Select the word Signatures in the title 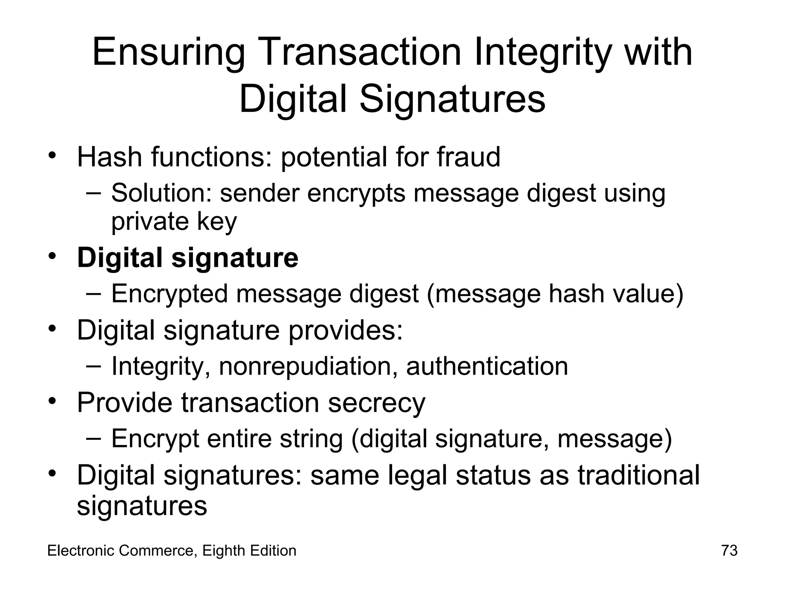pos(452,99)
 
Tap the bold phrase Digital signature pos(187,258)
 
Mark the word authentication pos(487,366)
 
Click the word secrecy pos(376,403)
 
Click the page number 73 pos(729,551)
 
